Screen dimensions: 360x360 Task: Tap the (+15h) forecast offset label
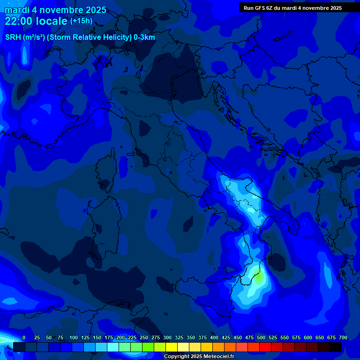[x=81, y=21]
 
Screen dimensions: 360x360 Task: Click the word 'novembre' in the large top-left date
[x=61, y=10]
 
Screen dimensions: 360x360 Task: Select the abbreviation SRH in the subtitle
[x=13, y=37]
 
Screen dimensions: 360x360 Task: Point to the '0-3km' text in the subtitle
[x=144, y=37]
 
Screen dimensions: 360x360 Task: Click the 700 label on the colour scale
[x=343, y=338]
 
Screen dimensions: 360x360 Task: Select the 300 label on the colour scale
[x=167, y=338]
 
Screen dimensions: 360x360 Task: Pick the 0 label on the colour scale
[x=24, y=338]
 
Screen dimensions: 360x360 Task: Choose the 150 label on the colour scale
[x=97, y=338]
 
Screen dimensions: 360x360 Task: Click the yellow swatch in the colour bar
[x=171, y=347]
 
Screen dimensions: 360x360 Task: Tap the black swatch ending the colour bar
[x=335, y=347]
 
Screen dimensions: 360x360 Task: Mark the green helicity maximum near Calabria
[x=258, y=278]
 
